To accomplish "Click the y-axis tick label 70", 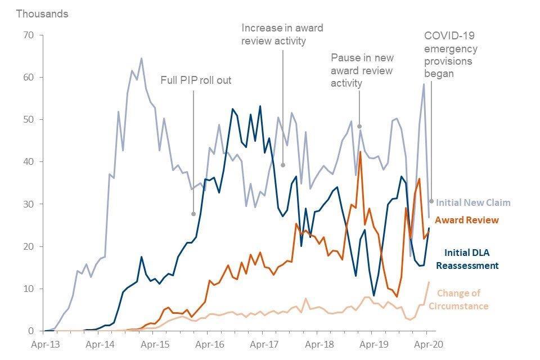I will [28, 35].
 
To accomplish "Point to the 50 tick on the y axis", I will [28, 120].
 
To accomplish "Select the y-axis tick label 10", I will [28, 289].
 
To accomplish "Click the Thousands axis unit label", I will [42, 14].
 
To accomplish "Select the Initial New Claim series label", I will [473, 202].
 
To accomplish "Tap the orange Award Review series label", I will [466, 219].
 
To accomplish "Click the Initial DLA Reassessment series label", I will [471, 259].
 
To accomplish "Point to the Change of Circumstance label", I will [462, 299].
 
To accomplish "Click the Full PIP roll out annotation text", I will [196, 80].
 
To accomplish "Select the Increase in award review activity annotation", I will [282, 34].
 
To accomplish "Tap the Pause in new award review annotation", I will [362, 70].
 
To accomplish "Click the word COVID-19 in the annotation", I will [449, 35].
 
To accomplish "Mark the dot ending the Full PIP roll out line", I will [193, 214].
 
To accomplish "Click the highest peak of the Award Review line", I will [360, 151].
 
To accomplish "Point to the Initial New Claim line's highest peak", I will [141, 58].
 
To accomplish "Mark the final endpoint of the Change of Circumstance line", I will [429, 282].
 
